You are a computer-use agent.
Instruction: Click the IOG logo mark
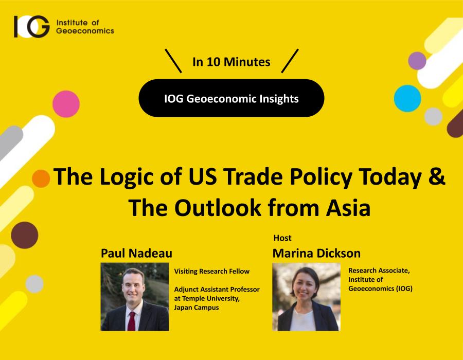coord(31,27)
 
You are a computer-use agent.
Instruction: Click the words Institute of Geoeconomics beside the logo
coord(85,27)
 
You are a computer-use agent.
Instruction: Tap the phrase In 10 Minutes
coord(231,62)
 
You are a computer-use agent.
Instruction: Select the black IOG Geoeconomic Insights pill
coord(231,98)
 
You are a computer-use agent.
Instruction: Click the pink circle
coord(66,104)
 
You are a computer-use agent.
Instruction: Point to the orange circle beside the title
coord(41,178)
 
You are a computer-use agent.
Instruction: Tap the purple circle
coord(417,61)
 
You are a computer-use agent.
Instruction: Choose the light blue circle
coord(407,98)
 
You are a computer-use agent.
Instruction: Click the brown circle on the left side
coord(25,235)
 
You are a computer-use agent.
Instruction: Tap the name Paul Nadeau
coord(136,253)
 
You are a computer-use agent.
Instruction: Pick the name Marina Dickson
coord(316,253)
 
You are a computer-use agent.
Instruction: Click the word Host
coord(282,238)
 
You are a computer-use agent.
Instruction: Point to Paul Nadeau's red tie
coord(131,321)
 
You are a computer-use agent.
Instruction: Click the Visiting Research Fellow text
coord(212,271)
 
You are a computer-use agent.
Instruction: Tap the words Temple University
coord(211,298)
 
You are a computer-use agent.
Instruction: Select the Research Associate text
coord(379,271)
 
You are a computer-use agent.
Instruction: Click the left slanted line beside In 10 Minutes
coord(173,61)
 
